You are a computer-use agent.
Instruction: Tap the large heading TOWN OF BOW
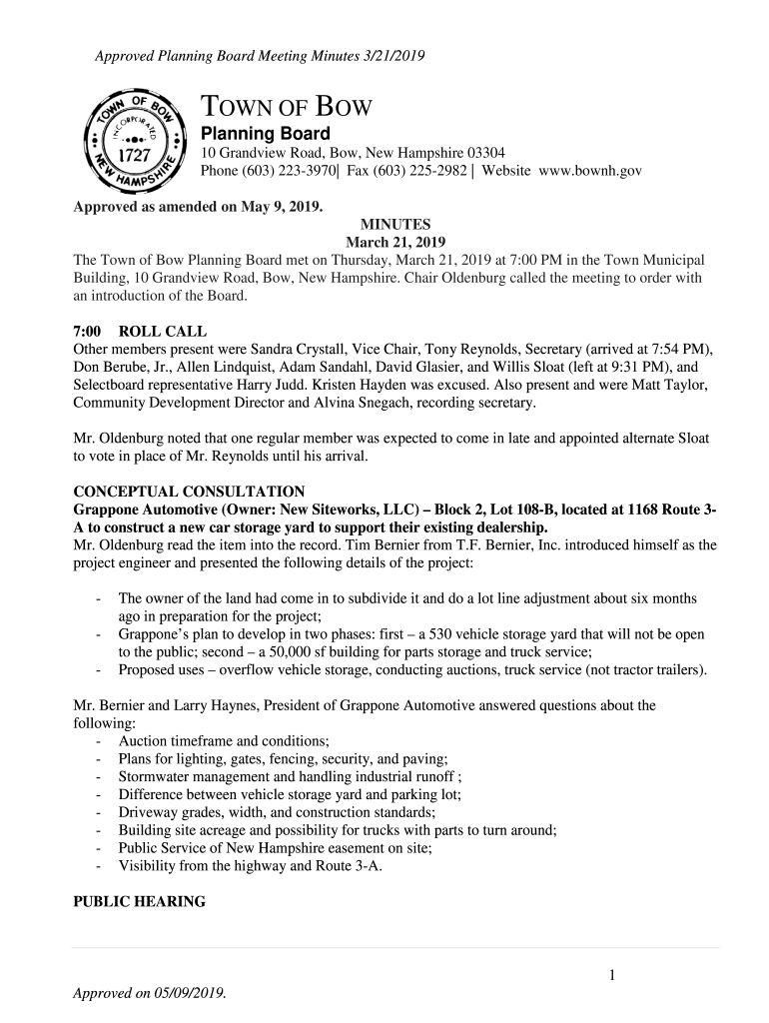coord(288,108)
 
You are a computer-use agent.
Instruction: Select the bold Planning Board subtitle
coord(266,134)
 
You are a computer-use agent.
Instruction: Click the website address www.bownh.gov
coord(590,171)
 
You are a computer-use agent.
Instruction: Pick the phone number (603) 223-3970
coord(287,171)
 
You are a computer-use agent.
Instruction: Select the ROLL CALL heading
coord(163,332)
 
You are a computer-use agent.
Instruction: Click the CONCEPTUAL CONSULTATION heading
coord(190,492)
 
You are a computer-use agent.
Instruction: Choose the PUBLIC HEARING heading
coord(140,901)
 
